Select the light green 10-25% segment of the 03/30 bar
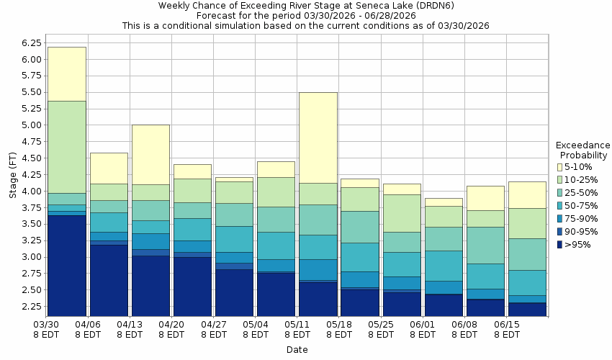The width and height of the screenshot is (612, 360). [66, 147]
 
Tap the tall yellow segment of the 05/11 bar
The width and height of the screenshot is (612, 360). [318, 138]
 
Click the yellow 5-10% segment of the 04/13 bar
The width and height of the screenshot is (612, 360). [150, 155]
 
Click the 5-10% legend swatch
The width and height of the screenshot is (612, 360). [561, 167]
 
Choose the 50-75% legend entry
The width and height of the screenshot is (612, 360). [580, 206]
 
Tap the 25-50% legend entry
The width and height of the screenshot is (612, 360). [580, 193]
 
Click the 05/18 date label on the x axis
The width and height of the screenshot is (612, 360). [339, 329]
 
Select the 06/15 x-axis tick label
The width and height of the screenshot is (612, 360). [507, 329]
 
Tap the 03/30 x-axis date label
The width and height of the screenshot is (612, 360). [47, 329]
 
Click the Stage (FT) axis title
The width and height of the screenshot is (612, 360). [11, 173]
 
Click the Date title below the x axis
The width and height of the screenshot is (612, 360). [297, 350]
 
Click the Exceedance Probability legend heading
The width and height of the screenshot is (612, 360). [582, 150]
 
